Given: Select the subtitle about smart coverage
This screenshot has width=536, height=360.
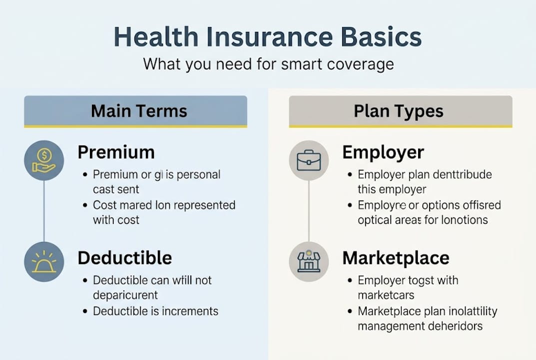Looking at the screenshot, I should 268,64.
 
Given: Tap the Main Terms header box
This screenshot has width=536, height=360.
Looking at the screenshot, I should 135,110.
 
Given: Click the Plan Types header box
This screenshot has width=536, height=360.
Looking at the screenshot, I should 400,110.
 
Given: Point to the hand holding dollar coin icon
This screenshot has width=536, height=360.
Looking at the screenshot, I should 44,160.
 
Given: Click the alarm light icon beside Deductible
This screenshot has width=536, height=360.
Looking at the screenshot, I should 44,262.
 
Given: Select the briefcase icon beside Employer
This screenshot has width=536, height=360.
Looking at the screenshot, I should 309,160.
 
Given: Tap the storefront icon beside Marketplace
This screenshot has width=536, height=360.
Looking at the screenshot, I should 309,262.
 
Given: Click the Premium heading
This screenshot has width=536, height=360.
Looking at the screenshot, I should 116,152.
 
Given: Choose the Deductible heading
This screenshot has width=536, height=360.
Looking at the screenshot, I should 125,258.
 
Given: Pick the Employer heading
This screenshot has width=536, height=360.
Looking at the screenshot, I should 383,152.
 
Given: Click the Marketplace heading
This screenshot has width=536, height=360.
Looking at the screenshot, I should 396,258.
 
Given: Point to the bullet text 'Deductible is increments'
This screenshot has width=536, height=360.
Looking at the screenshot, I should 155,311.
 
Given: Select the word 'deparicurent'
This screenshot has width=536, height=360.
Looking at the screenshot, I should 125,295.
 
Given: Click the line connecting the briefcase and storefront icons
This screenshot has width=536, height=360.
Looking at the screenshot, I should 309,210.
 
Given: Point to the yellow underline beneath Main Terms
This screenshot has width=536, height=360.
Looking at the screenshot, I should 135,126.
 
